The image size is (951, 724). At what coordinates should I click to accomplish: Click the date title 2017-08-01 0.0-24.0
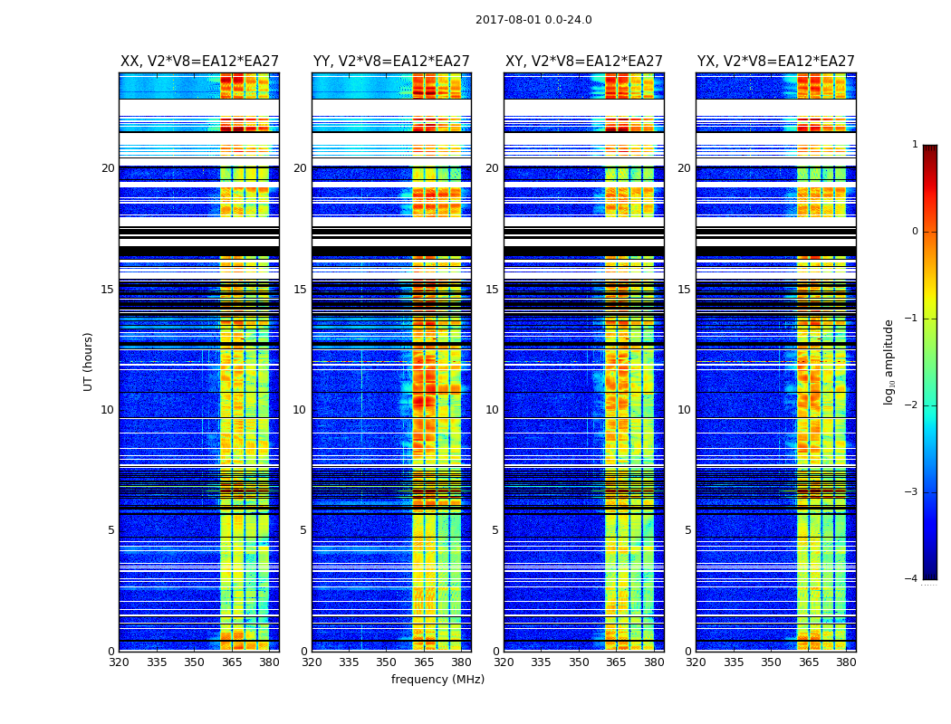coord(533,20)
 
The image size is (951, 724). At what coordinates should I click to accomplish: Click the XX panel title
coord(199,62)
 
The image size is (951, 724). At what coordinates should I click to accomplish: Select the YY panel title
coord(391,62)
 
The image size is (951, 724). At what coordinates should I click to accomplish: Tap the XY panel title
coord(584,62)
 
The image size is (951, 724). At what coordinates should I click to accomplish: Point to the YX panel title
coord(776,62)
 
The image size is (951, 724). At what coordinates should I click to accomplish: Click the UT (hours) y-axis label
coord(89,361)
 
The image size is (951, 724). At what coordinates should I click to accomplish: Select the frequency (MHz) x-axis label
coord(437,680)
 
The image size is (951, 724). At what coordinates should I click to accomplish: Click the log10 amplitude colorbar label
coord(889,361)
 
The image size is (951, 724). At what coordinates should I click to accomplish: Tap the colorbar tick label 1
coord(915,145)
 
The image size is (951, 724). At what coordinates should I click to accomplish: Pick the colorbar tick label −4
coord(912,579)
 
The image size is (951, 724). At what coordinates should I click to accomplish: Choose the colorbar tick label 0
coord(915,232)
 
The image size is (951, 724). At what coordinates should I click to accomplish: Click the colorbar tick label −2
coord(912,405)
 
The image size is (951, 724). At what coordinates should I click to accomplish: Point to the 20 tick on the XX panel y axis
coord(108,168)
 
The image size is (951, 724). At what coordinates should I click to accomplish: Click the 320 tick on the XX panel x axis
coord(119,662)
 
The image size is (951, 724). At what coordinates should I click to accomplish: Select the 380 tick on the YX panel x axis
coord(846,662)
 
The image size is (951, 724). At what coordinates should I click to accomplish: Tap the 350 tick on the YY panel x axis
coord(387,662)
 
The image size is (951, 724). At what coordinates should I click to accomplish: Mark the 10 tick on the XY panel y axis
coord(493,410)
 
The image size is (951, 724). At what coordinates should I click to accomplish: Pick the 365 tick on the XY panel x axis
coord(617,662)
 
